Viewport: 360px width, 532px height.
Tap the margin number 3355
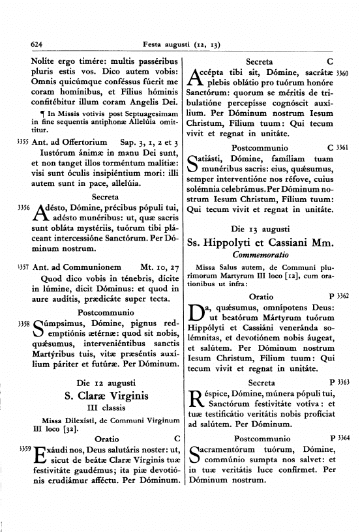click(23, 141)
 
